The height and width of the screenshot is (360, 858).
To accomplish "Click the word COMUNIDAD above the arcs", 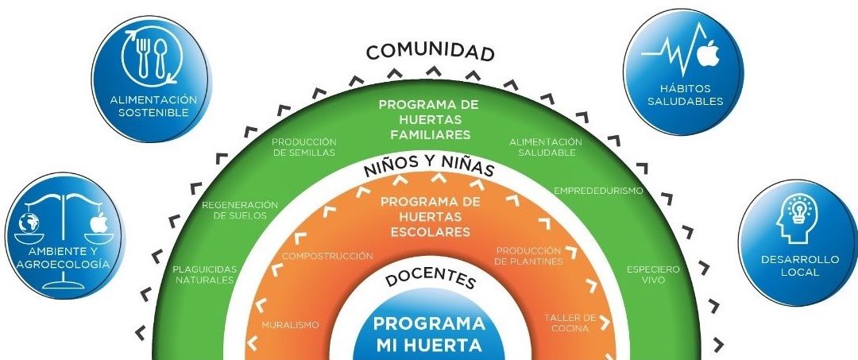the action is tap(430, 52).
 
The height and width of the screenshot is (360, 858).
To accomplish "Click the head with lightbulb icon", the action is tap(797, 219).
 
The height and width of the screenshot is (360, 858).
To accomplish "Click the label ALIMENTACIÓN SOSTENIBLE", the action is tap(153, 106).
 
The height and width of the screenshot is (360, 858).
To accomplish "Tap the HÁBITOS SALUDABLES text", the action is tap(685, 95).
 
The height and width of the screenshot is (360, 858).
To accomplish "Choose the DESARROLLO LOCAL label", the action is tap(800, 265).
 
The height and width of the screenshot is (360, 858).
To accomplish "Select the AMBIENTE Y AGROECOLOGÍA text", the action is tap(63, 258).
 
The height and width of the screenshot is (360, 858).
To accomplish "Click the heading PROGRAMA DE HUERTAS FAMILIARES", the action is tap(428, 118).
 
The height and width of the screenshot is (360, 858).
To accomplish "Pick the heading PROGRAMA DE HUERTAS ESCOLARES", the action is tap(430, 217).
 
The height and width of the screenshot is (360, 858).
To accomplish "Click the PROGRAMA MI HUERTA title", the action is tap(430, 334).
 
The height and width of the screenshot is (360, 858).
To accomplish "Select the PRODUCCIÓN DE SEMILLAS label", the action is tap(303, 147).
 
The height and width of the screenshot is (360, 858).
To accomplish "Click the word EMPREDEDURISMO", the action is tap(598, 192).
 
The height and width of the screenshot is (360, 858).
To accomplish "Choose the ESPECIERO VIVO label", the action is tap(653, 275).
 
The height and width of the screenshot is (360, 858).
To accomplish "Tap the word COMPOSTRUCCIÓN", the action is tap(327, 256).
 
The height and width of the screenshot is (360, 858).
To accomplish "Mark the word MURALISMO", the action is tap(290, 325).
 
